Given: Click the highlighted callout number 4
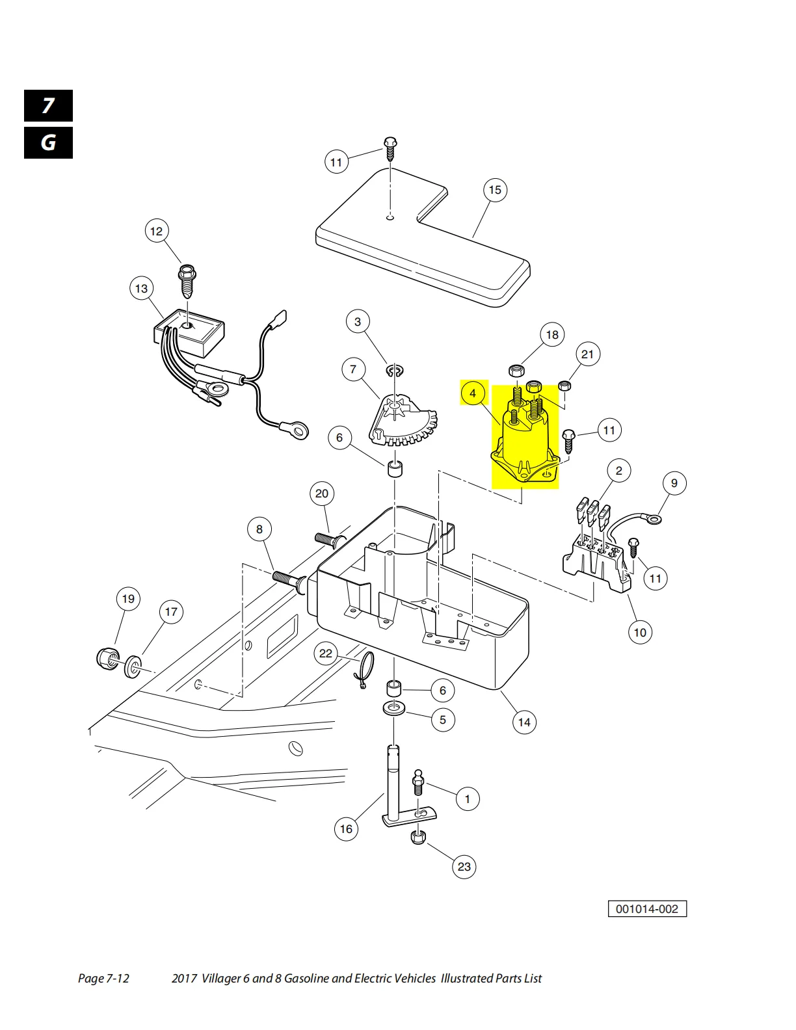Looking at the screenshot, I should pos(473,393).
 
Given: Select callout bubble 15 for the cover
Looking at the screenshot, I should pos(495,190).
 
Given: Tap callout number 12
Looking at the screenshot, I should pos(156,231).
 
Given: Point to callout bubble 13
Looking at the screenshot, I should pos(141,288).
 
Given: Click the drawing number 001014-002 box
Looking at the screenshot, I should pos(647,909).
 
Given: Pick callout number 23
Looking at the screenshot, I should pos(464,867).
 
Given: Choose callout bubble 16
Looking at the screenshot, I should pos(346,829).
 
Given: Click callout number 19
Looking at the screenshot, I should pos(128,599).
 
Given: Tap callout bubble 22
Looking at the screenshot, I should pos(326,654).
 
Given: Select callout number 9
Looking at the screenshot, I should pos(674,483).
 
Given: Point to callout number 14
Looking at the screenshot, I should pos(524,722).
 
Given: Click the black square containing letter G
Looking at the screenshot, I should pos(48,143).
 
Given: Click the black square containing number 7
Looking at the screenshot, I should pos(48,106).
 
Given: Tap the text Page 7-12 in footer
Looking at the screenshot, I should pos(103,979).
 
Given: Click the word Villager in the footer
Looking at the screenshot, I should pos(221,979).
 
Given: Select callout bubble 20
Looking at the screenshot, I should pos(322,494).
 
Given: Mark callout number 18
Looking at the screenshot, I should pos(552,335).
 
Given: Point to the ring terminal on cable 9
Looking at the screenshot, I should pos(653,519).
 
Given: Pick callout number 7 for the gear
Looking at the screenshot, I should pos(353,369).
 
